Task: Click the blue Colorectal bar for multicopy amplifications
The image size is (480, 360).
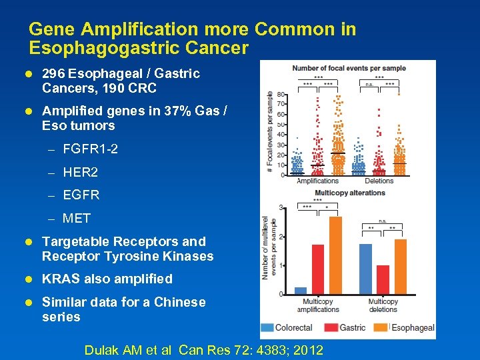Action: [301, 291]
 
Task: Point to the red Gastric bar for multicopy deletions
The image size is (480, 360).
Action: [383, 280]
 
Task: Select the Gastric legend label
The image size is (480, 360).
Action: [352, 327]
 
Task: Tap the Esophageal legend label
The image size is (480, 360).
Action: [413, 327]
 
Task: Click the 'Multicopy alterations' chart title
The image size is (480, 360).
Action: [350, 193]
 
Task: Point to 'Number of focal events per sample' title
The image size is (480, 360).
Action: [349, 68]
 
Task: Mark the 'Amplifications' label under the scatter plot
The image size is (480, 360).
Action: [317, 181]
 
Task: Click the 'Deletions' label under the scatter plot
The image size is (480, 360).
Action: [379, 181]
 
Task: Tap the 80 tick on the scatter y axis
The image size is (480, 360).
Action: [282, 94]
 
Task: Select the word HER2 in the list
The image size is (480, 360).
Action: [80, 173]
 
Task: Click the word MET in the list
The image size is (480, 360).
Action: [76, 219]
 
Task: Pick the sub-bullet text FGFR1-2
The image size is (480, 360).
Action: [90, 149]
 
